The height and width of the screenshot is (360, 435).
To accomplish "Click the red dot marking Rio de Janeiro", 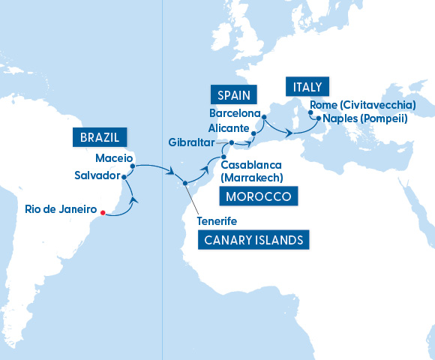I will [103, 214].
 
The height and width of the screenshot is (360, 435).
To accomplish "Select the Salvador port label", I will [96, 175].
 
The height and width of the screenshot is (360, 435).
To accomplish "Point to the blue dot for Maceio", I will [133, 157].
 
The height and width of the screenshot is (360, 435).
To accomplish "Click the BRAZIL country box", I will [100, 137].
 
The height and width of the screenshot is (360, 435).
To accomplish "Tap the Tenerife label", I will [217, 221].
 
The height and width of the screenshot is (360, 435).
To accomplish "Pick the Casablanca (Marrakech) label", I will [251, 171].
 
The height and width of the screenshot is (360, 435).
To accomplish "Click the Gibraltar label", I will [191, 142].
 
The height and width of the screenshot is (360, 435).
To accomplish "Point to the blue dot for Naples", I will [318, 118].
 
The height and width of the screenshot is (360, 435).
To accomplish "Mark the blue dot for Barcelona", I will [263, 115].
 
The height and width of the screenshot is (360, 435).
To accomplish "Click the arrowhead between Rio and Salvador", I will [134, 199].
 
